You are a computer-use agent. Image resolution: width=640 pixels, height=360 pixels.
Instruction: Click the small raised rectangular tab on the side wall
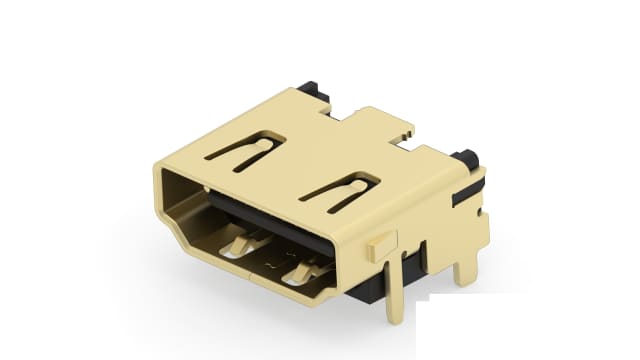tap(380, 242)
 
